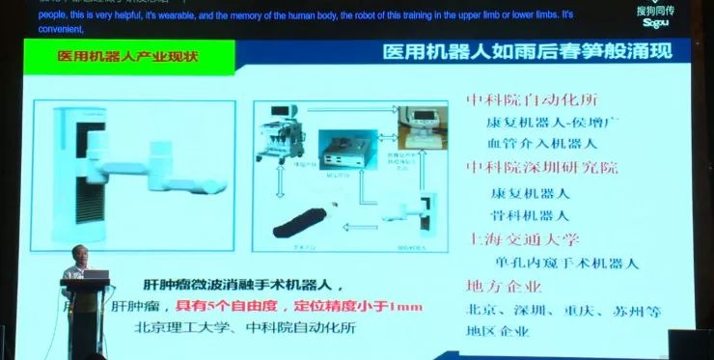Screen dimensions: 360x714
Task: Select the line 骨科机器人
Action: [x=530, y=214]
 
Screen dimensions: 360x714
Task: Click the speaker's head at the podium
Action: [x=75, y=258]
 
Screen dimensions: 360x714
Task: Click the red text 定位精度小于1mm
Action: [x=366, y=306]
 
